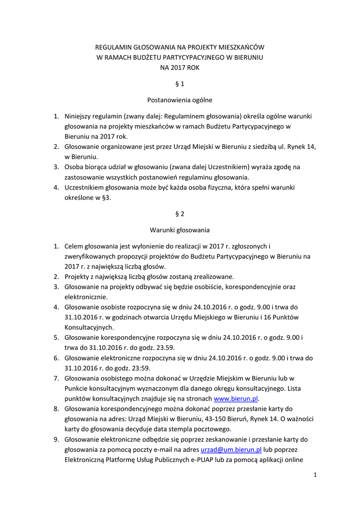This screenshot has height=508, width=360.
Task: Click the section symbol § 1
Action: pyautogui.click(x=180, y=84)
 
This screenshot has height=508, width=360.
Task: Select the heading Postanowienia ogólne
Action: pyautogui.click(x=180, y=100)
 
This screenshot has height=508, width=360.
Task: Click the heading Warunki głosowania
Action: pyautogui.click(x=180, y=230)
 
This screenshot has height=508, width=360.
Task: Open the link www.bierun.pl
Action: pyautogui.click(x=236, y=398)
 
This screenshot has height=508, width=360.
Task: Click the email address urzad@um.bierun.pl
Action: pyautogui.click(x=231, y=449)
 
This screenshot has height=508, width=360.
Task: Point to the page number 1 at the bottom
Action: pyautogui.click(x=315, y=475)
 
